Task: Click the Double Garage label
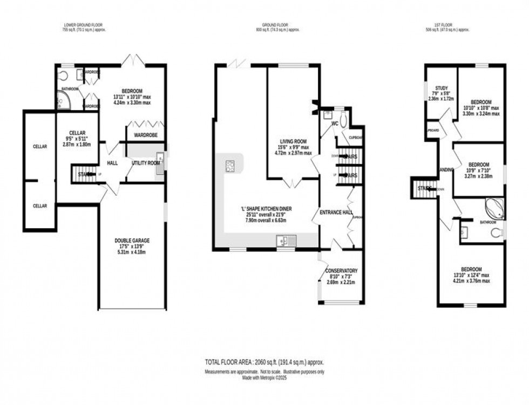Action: click(x=132, y=240)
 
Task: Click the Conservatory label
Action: click(x=341, y=270)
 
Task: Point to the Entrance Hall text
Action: click(x=336, y=212)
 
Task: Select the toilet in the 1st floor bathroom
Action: click(x=496, y=233)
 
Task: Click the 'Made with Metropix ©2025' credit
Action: click(x=264, y=379)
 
